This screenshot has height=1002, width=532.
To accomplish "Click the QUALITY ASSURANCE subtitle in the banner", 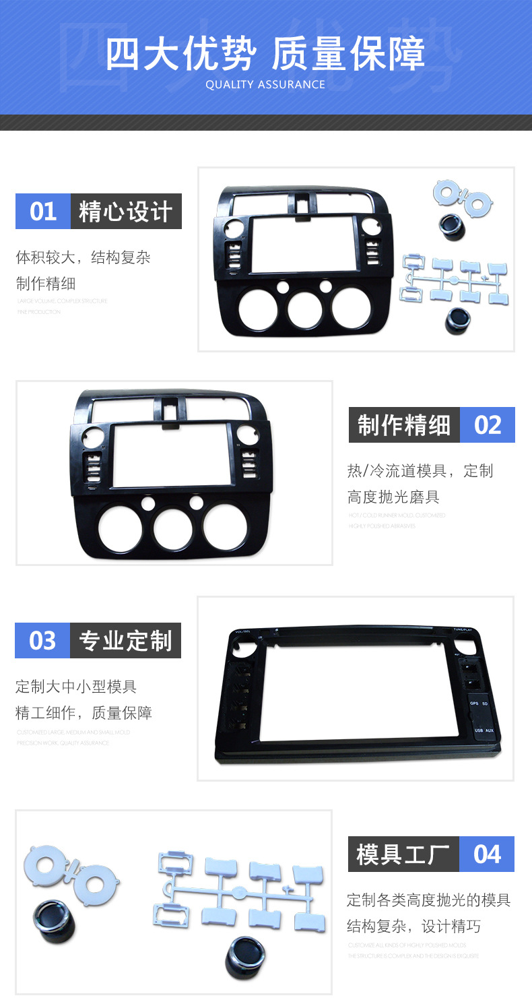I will pyautogui.click(x=265, y=85).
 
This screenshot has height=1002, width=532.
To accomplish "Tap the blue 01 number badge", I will pyautogui.click(x=43, y=212).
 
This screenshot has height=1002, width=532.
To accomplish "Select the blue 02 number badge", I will pyautogui.click(x=488, y=425).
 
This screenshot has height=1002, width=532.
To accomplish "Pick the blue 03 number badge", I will pyautogui.click(x=42, y=640).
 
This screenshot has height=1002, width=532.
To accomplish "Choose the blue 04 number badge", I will pyautogui.click(x=487, y=854).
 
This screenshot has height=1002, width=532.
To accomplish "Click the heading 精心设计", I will pyautogui.click(x=126, y=212).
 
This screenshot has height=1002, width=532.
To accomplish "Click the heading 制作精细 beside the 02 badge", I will pyautogui.click(x=404, y=425).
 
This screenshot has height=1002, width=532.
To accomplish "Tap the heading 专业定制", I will pyautogui.click(x=126, y=640).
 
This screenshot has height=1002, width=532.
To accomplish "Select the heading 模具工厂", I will pyautogui.click(x=403, y=854).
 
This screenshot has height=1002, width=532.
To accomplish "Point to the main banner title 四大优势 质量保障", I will pyautogui.click(x=265, y=54).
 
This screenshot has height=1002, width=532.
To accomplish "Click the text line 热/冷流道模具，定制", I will pyautogui.click(x=420, y=470).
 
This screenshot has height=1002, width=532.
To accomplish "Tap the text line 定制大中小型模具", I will pyautogui.click(x=76, y=687).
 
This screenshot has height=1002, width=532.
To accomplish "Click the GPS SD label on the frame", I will pyautogui.click(x=478, y=703).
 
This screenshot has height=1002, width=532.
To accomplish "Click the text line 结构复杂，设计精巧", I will pyautogui.click(x=413, y=927).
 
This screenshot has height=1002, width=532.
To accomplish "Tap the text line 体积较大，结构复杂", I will pyautogui.click(x=83, y=257).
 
